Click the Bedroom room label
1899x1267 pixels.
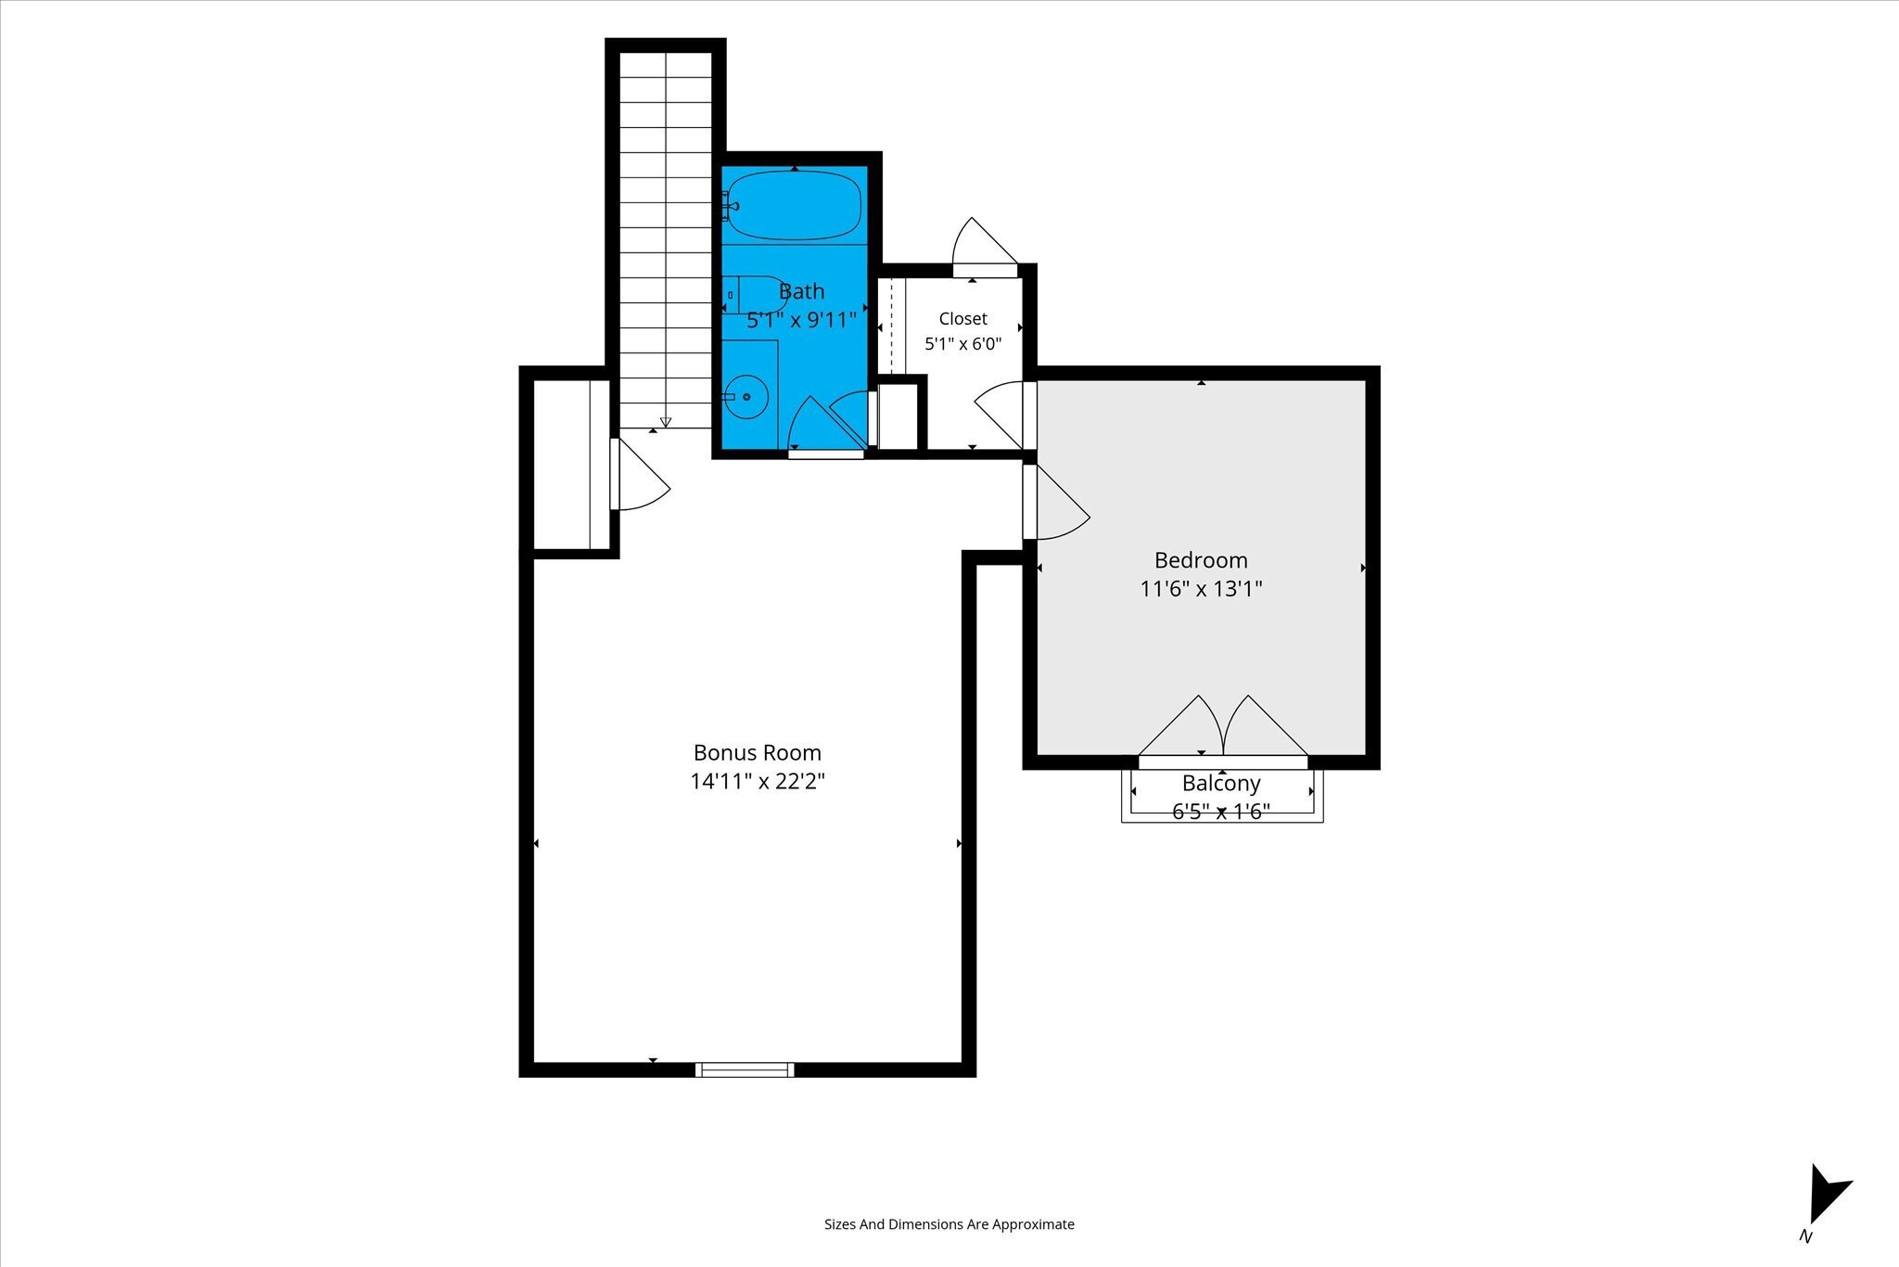[x=1201, y=560]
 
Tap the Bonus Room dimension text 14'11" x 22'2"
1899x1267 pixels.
[x=758, y=781]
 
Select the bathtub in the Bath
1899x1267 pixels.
[x=794, y=205]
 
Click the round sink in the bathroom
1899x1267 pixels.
[x=746, y=397]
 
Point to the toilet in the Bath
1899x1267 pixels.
[x=754, y=295]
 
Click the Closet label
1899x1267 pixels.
[x=962, y=319]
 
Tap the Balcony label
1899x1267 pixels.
[x=1221, y=784]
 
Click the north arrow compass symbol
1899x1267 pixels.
[x=1829, y=1204]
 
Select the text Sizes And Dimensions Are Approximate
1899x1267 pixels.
[x=949, y=1224]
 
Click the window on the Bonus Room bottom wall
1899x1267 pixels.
[x=745, y=1069]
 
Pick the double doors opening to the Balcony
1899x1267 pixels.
[x=1223, y=728]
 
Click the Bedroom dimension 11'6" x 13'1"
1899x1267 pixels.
[x=1201, y=589]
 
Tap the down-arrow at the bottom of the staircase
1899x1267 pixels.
[x=665, y=422]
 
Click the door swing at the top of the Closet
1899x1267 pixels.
[x=985, y=247]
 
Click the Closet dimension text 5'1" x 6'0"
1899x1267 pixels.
[x=962, y=344]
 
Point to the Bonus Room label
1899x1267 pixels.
[x=758, y=752]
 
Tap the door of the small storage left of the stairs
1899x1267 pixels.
[x=639, y=474]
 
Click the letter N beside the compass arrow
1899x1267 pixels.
[x=1805, y=1236]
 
